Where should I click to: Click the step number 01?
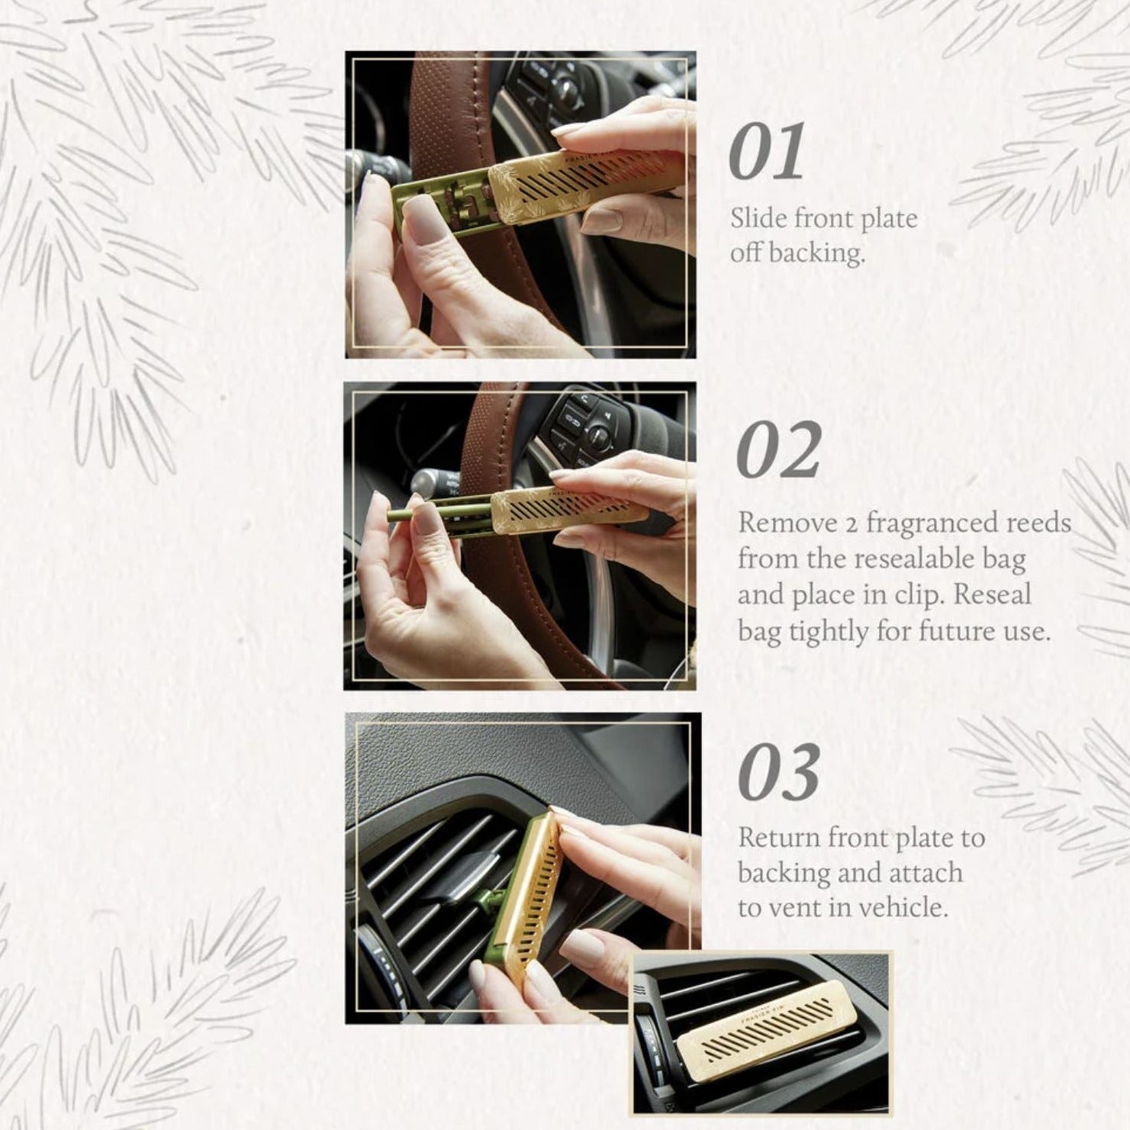[767, 152]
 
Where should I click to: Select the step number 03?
[779, 772]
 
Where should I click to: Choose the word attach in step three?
[926, 873]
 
